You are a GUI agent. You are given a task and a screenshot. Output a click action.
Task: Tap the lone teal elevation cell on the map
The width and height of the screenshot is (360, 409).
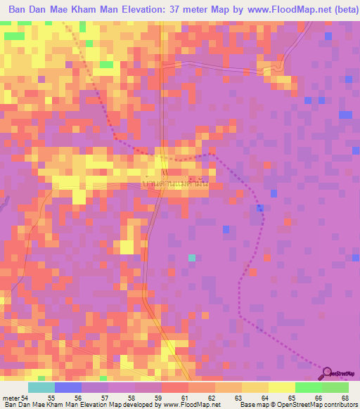coord(192,258)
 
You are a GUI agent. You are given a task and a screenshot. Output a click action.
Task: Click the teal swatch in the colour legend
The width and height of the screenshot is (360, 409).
coord(41,387)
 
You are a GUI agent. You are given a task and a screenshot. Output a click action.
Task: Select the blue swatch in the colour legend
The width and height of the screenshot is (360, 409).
coord(67,387)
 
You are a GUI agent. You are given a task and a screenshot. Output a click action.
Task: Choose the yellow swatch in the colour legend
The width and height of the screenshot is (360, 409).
coord(281,387)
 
